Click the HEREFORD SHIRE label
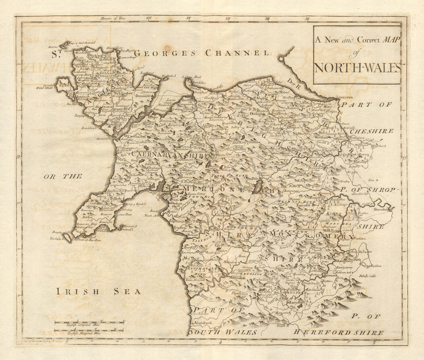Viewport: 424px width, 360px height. (339, 332)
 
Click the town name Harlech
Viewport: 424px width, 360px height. (176, 203)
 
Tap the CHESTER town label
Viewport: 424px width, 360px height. (346, 98)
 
